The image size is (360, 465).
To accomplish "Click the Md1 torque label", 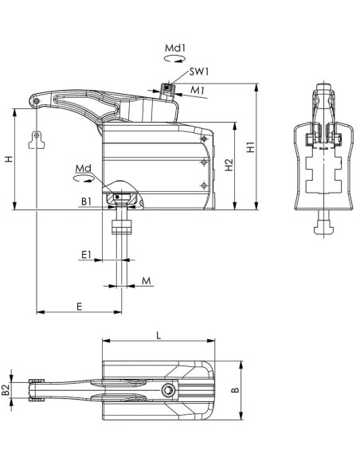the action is coord(175,48).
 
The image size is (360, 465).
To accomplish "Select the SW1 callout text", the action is coord(199,72).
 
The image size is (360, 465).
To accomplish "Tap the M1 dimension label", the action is coord(198,90).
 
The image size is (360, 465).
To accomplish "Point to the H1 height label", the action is coord(251,147).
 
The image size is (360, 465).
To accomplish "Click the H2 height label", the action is coord(229,165).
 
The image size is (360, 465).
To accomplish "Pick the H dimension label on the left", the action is coord(10,159).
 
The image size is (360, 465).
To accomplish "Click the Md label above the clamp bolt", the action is coord(84,169).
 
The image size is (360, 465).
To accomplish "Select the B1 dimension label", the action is coord(86,201).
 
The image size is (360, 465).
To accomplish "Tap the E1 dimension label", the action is coord(86,254).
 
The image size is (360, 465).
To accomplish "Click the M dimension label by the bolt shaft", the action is coord(147,280).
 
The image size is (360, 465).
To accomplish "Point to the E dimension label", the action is coord(79,307).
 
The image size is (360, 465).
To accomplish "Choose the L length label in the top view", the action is coord(158,335).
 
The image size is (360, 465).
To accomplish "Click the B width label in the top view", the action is coord(235,390).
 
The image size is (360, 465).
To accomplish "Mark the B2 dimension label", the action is coord(5,390).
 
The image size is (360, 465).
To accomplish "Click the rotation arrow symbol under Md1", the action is coord(175,58).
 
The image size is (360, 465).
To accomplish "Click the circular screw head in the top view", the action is coord(168,390).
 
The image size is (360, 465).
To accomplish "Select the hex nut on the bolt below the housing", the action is coord(122,227).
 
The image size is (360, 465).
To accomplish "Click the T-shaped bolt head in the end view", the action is coord(324,229).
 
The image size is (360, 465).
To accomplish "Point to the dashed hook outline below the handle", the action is coord(37,140).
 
